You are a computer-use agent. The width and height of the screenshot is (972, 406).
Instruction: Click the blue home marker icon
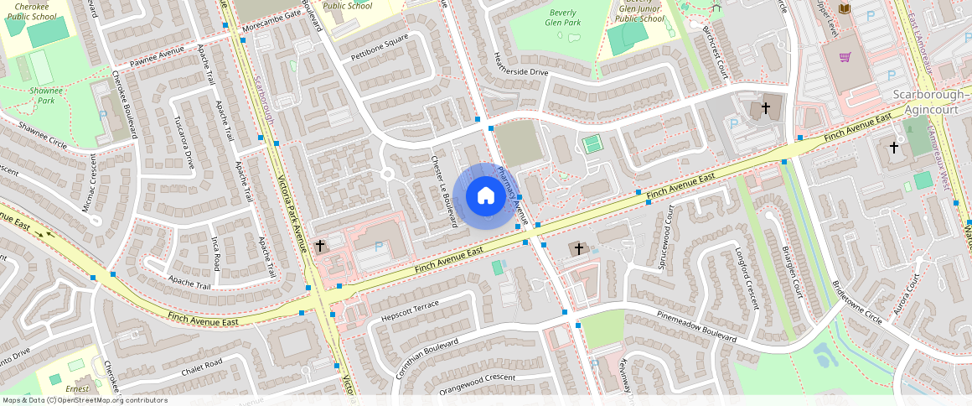[x=485, y=196]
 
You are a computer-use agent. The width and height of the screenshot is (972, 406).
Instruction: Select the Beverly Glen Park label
[x=564, y=18]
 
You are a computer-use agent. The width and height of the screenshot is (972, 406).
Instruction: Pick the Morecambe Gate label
[x=271, y=15]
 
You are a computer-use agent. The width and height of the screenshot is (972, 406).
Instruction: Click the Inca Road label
[x=215, y=252]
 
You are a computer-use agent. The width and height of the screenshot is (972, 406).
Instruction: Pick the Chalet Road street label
[x=201, y=367]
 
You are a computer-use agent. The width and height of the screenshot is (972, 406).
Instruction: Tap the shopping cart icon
[x=845, y=57]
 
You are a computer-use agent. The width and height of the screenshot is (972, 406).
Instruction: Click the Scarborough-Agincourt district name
[x=930, y=101]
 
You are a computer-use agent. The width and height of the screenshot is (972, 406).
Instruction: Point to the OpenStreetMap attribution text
[x=85, y=400]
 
